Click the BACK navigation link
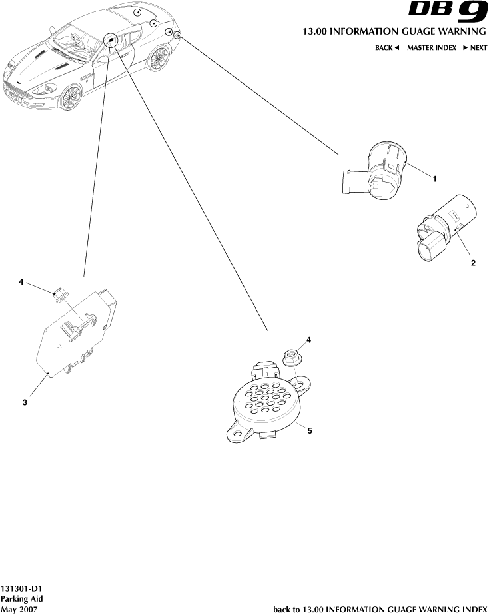coord(387,48)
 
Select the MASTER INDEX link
coord(432,48)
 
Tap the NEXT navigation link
coord(475,48)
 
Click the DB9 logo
coord(448,13)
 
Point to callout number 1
coord(434,179)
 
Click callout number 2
coord(474,263)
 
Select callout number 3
coord(25,402)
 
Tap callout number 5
coord(310,431)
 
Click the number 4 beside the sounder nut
coord(308,340)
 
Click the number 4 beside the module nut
coord(21,282)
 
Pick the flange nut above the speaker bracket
coord(290,358)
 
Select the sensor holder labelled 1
coord(374,171)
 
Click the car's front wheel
coord(70,97)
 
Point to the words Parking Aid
coord(21,599)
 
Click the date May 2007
coord(19,609)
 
